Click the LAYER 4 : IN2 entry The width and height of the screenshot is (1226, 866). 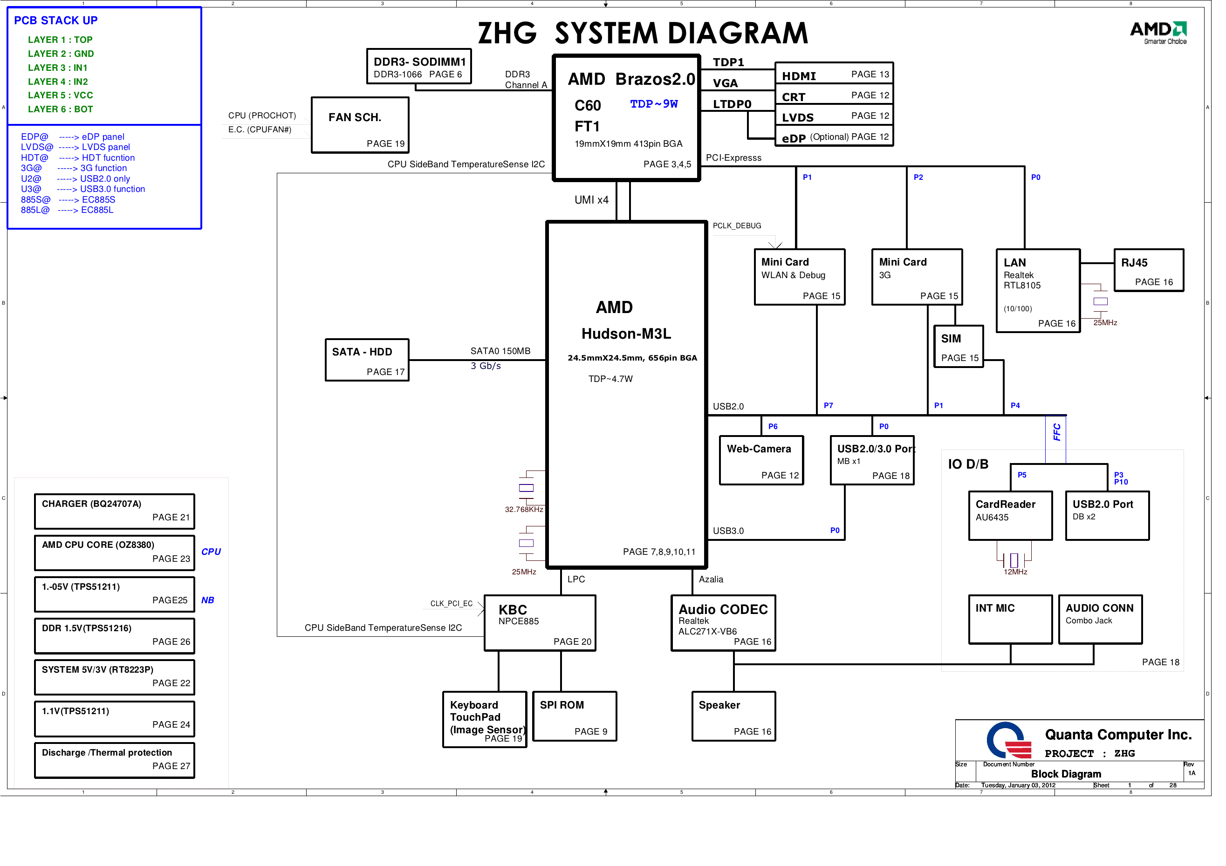58,82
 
